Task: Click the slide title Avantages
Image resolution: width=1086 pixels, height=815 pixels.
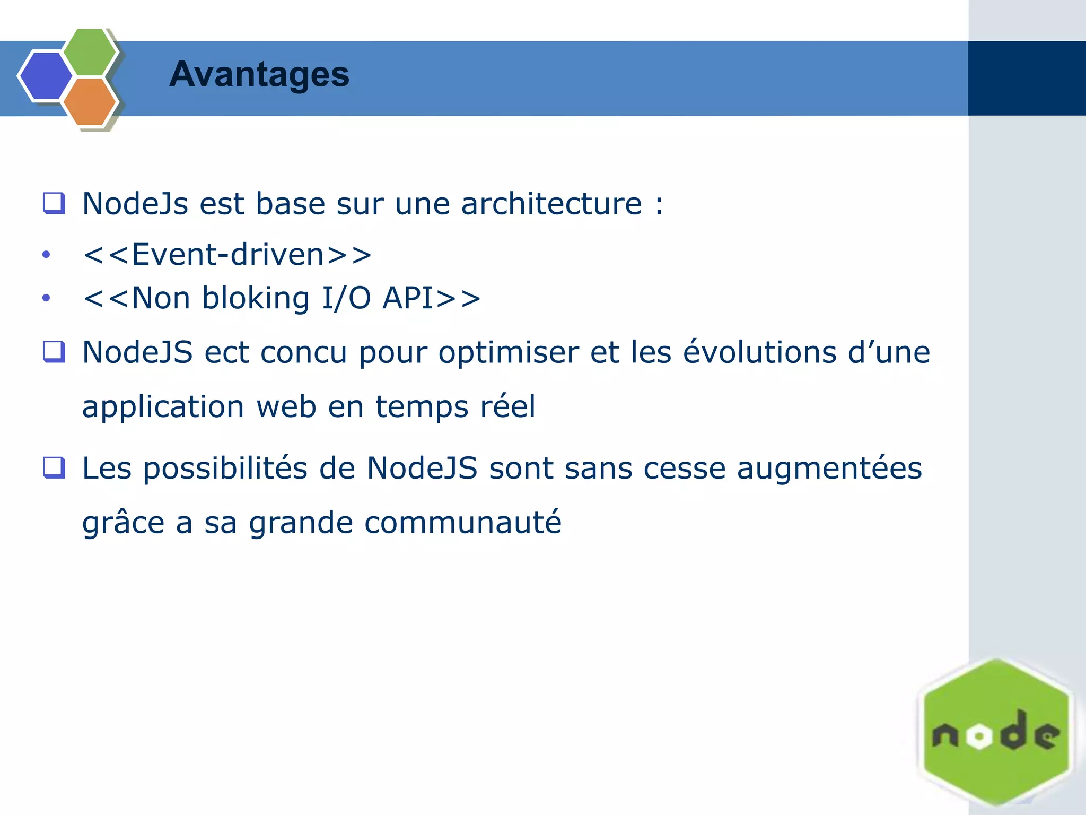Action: (x=259, y=74)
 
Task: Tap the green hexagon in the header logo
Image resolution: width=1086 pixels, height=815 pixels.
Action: (x=89, y=51)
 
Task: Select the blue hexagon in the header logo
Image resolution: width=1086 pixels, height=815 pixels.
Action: (x=46, y=76)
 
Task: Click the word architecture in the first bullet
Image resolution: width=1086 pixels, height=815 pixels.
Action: (x=551, y=204)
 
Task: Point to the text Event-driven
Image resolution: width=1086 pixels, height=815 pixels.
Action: (x=227, y=254)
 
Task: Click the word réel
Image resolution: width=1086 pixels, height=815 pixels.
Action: (x=507, y=406)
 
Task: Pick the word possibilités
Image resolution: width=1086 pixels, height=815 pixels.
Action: (x=225, y=469)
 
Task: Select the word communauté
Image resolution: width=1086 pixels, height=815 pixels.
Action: (x=462, y=523)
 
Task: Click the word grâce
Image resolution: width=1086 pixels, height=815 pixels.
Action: (x=124, y=523)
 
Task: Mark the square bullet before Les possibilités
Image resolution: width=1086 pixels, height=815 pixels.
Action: (x=54, y=467)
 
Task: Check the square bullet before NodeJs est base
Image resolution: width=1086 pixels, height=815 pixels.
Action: (x=54, y=203)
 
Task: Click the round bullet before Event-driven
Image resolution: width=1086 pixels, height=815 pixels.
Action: (x=46, y=255)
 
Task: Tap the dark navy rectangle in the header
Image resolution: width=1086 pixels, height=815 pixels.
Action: (x=1027, y=78)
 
